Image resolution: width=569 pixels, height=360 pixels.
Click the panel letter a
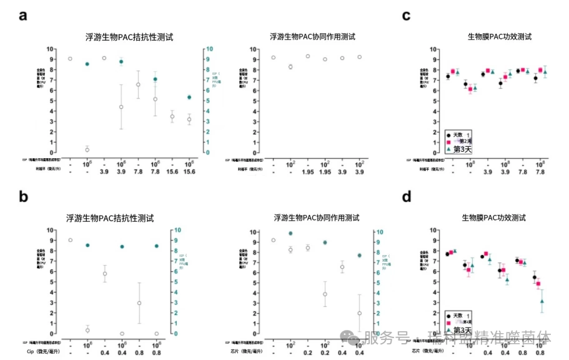pos(23,15)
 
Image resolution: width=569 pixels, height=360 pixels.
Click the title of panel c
pos(499,37)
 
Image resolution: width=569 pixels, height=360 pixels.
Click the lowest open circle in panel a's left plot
pos(87,150)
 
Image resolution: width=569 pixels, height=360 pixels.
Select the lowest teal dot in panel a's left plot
pos(189,97)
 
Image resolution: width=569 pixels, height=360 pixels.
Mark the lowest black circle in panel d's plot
pos(535,277)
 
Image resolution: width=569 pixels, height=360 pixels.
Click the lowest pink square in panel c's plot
pos(470,90)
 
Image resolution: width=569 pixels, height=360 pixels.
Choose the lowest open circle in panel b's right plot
pos(360,313)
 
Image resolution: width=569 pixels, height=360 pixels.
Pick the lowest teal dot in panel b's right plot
pos(360,256)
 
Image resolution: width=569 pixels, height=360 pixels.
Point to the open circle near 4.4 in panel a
pos(121,107)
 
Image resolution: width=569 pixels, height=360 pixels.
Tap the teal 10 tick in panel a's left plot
pos(210,49)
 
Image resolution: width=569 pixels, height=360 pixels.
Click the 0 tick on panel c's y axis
pos(424,152)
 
